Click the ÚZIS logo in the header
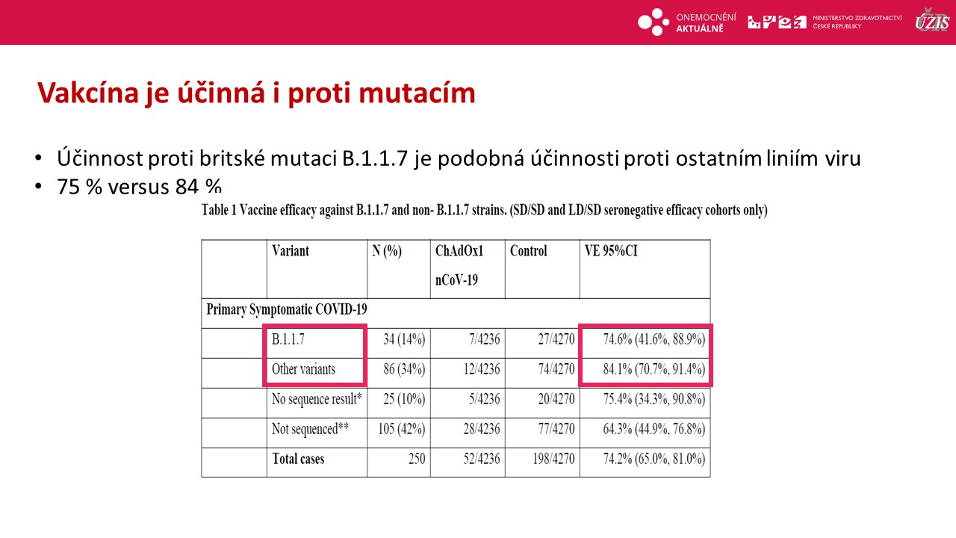[x=932, y=20]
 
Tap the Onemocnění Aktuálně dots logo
[x=654, y=22]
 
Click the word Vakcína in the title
[x=88, y=93]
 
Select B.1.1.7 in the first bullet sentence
[x=375, y=158]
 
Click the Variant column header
[x=291, y=250]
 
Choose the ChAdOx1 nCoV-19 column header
[x=459, y=265]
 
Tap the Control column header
[x=528, y=250]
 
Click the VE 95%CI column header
[x=611, y=250]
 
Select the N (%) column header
[x=387, y=251]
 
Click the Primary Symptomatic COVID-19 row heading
[x=286, y=309]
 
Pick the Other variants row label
[x=303, y=369]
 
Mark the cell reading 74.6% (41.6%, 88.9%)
[x=654, y=339]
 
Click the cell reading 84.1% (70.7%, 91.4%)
[x=654, y=369]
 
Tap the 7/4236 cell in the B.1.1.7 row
[x=485, y=339]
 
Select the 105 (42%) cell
[x=402, y=429]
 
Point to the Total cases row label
[x=298, y=459]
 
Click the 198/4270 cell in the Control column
[x=553, y=459]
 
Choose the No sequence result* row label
[x=317, y=399]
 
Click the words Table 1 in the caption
[x=219, y=210]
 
